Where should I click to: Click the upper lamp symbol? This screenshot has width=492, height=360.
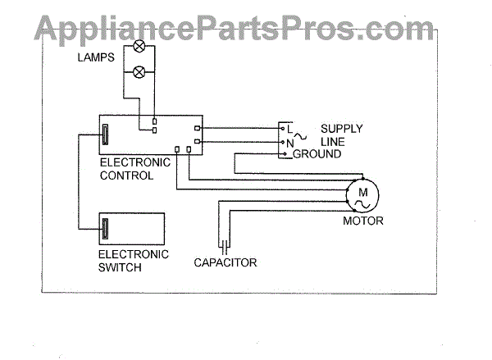[x=139, y=46]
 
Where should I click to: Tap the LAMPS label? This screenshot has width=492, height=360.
[x=97, y=57]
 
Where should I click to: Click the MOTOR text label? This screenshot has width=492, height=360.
[x=363, y=221]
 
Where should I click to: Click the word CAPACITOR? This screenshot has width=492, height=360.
[x=225, y=263]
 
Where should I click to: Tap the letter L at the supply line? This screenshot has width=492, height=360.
[x=289, y=128]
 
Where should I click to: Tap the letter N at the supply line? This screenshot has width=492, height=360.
[x=289, y=141]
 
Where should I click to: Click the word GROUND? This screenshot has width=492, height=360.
[x=317, y=153]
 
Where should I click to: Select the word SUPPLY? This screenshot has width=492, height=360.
[x=341, y=129]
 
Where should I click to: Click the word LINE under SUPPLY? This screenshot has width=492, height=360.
[x=333, y=141]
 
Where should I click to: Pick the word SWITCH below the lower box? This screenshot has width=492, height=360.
[x=119, y=267]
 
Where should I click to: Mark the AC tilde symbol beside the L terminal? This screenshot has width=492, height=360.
[x=300, y=130]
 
